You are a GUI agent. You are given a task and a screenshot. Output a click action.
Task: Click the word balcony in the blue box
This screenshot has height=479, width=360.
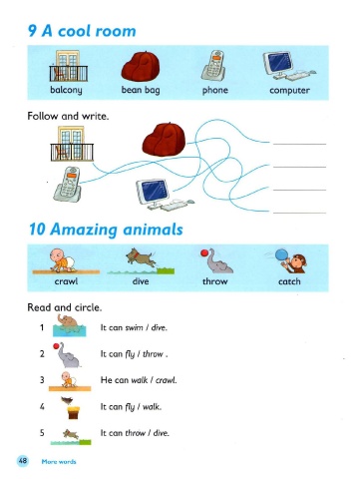tap(66, 90)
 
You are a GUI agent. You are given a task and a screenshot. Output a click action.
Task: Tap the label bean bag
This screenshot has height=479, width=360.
tap(141, 90)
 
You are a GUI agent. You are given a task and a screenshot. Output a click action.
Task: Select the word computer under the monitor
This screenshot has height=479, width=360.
tap(289, 90)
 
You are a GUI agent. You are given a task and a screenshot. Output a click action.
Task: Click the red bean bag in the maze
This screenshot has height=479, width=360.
tap(164, 140)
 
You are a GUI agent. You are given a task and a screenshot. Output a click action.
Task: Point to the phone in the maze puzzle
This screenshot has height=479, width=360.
tap(68, 184)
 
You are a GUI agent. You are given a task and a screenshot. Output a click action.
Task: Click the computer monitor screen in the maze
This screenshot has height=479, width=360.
tap(154, 190)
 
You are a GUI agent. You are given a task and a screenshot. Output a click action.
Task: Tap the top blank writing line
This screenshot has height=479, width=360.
tap(299, 144)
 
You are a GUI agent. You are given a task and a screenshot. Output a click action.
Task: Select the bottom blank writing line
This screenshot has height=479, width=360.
tap(299, 213)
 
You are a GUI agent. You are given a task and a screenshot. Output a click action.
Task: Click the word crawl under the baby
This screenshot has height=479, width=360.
tap(66, 281)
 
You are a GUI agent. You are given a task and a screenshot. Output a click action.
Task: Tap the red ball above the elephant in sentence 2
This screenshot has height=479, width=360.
tap(56, 346)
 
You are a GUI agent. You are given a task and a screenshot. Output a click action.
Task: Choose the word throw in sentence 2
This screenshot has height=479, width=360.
tap(153, 354)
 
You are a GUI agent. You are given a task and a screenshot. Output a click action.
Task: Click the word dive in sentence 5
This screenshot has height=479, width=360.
tap(161, 433)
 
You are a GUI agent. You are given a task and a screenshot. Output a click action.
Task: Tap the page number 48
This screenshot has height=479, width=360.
tap(23, 461)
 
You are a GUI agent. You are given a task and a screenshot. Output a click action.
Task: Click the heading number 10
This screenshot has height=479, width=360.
tap(37, 230)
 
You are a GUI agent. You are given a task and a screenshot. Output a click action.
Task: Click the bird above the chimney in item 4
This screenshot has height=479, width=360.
tap(68, 400)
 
